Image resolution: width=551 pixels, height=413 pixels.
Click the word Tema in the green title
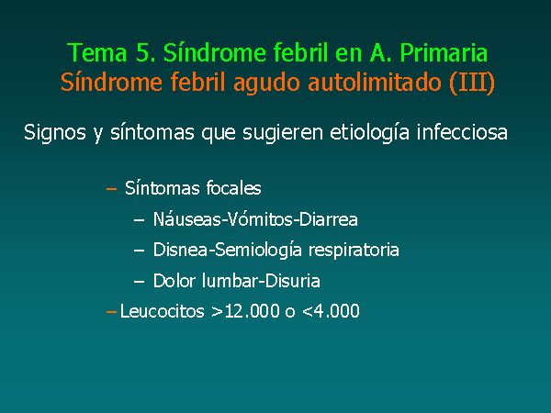[x=97, y=52]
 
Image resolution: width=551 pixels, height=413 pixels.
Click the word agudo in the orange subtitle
[x=266, y=84]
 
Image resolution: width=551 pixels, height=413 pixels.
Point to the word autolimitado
[x=375, y=83]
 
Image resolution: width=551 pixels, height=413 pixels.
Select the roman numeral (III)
[x=472, y=83]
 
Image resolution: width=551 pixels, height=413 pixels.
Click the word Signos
[x=55, y=133]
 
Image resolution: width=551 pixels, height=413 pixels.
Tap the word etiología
[x=369, y=133]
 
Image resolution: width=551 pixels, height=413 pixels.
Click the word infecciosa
[x=462, y=132]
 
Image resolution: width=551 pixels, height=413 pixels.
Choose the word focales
[x=233, y=188]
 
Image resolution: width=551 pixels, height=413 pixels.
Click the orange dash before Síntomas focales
[x=111, y=189]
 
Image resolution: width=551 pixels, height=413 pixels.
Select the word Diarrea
[x=329, y=219]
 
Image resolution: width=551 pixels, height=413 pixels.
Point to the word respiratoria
[x=354, y=251]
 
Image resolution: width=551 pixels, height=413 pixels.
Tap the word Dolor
[x=174, y=281]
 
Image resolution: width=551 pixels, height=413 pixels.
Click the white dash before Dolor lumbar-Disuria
[x=140, y=282]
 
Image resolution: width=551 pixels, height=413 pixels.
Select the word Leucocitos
[x=162, y=311]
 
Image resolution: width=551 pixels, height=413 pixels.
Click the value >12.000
[x=245, y=311]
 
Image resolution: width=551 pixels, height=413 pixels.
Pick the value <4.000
[x=331, y=311]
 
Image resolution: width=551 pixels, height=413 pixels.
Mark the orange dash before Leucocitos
[x=111, y=312]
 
